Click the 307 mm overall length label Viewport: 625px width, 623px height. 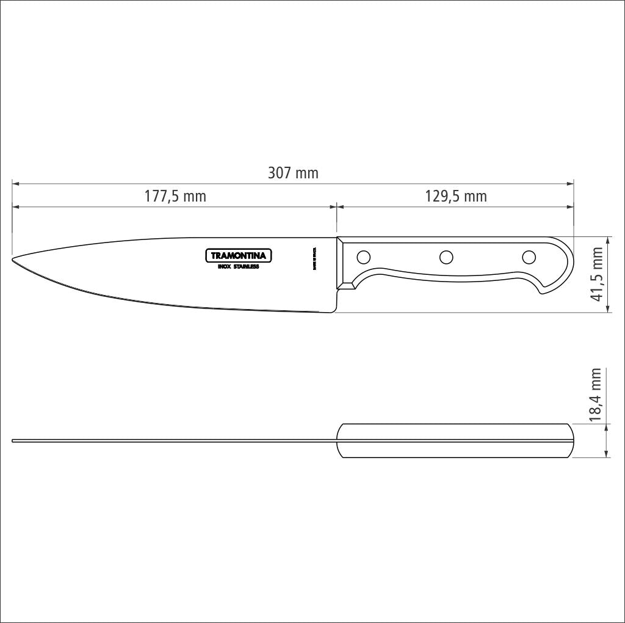click(293, 173)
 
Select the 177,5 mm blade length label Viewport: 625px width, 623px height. click(175, 197)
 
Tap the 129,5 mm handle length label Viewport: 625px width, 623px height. click(455, 197)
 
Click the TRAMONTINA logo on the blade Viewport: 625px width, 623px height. click(238, 256)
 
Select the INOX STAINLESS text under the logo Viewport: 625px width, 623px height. click(238, 267)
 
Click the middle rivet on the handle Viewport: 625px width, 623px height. click(446, 257)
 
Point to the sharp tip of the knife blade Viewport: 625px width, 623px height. click(13, 261)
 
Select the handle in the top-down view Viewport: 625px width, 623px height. click(455, 440)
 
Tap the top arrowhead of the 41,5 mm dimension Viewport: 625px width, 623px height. click(607, 239)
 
